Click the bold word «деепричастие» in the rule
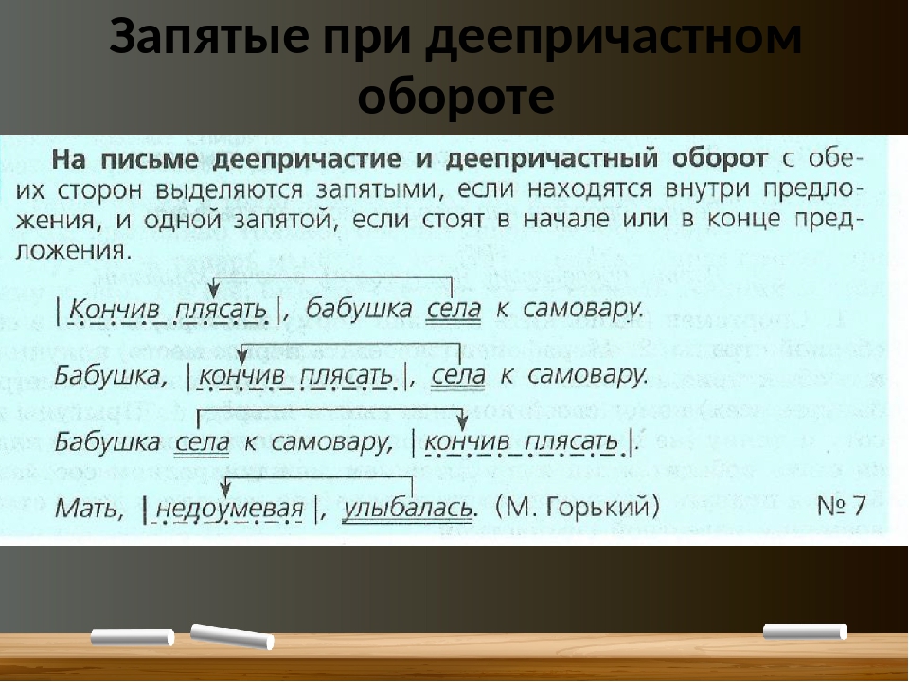click(307, 160)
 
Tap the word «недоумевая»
click(230, 510)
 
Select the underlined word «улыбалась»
click(407, 509)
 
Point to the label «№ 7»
click(841, 506)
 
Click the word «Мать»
click(87, 510)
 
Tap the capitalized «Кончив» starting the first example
click(114, 311)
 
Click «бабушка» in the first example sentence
click(359, 309)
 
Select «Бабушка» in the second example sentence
click(108, 376)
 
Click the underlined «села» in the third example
click(203, 443)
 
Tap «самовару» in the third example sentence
click(329, 443)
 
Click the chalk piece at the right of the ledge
click(805, 632)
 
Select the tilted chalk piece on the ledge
click(232, 637)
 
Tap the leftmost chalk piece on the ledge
click(133, 637)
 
